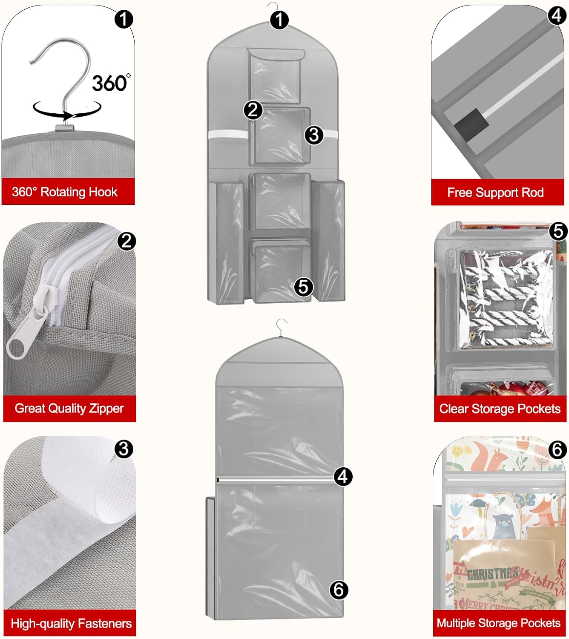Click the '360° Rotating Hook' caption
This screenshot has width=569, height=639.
tap(65, 192)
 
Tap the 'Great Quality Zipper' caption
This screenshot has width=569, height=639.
tap(69, 409)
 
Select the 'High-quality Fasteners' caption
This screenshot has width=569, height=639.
tap(71, 624)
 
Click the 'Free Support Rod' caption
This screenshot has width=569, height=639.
tap(495, 193)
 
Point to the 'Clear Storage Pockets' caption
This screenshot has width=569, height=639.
tap(500, 409)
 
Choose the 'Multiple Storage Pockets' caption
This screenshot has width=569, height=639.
tap(498, 623)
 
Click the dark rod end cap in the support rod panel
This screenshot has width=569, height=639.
tap(471, 124)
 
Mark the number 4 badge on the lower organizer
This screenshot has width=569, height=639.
tap(343, 476)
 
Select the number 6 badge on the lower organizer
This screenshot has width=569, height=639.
tap(339, 590)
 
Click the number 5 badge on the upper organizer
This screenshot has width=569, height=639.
tap(303, 287)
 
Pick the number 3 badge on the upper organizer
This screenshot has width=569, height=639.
tap(314, 135)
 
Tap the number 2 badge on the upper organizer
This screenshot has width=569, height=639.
tap(253, 110)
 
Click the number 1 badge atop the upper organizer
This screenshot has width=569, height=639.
tap(279, 20)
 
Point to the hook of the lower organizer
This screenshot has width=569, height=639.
tap(281, 326)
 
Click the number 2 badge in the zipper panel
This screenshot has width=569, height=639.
tap(126, 242)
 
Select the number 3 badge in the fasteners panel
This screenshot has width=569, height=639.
tap(124, 449)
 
